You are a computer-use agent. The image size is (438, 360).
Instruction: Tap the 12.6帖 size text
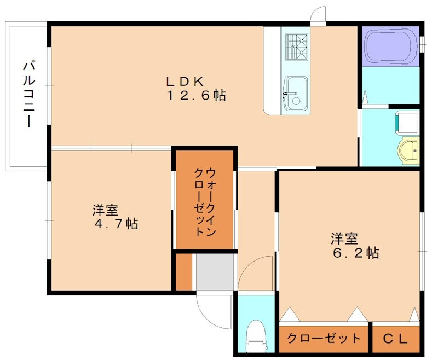pyautogui.click(x=196, y=96)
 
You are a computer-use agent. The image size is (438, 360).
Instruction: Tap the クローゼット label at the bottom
pyautogui.click(x=324, y=339)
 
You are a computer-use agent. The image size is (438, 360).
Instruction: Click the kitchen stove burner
pyautogui.click(x=296, y=47)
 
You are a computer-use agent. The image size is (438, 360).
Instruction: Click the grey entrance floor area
pyautogui.click(x=215, y=272)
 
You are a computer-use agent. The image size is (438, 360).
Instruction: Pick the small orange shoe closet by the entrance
pyautogui.click(x=184, y=272)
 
